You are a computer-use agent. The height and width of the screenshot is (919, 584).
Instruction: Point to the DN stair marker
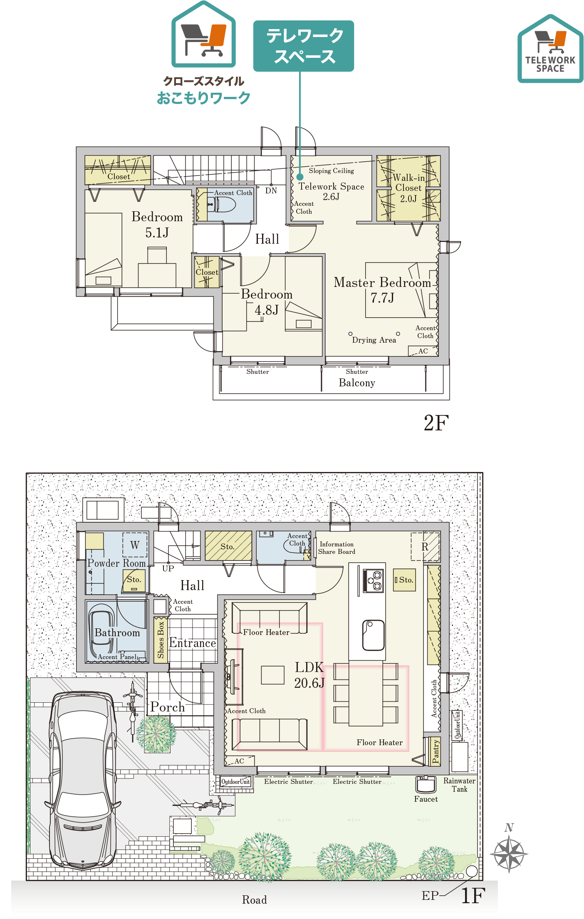[x=271, y=191]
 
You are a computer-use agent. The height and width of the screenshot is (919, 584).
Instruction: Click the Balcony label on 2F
[x=357, y=383]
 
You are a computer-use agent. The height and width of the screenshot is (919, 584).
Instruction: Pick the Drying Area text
[x=374, y=340]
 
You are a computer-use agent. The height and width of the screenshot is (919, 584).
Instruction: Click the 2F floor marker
[x=436, y=423]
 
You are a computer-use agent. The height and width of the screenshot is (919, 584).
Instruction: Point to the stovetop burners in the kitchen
[x=374, y=581]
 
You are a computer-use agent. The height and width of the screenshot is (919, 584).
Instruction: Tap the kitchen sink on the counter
[x=373, y=635]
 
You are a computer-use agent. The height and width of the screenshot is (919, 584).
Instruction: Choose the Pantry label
[x=436, y=751]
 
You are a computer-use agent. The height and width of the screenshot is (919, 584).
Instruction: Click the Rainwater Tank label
[x=459, y=785]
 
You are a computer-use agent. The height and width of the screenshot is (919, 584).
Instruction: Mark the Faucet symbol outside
[x=426, y=784]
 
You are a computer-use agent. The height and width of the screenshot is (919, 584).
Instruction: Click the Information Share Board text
[x=337, y=548]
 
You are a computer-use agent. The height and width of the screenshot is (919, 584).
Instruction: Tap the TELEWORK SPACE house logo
[x=550, y=49]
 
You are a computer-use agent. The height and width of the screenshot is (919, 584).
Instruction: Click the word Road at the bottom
[x=255, y=900]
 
